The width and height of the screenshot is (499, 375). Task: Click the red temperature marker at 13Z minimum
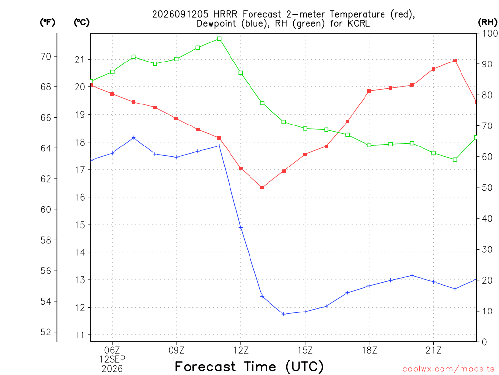point(262,187)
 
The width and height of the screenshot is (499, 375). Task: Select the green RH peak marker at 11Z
point(219,39)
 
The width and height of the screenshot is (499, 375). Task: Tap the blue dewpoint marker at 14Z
point(284,314)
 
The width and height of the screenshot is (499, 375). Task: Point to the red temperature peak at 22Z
point(455,61)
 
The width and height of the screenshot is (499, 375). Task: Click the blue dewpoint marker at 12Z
point(241,228)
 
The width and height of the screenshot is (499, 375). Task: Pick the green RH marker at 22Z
point(455,160)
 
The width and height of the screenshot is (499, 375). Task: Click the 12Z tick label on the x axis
point(241,350)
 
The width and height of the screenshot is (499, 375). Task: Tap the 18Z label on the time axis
point(369,350)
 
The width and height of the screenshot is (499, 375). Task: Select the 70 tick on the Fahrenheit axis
point(46,57)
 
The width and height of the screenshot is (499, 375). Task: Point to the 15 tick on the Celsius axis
point(80,225)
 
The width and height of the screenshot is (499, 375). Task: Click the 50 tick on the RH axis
point(487,187)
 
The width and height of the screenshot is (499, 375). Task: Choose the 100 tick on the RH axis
point(490,33)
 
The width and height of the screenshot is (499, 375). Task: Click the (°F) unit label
point(47,22)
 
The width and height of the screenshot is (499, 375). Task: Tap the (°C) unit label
point(81,22)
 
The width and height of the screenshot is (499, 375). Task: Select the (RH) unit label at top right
point(487,22)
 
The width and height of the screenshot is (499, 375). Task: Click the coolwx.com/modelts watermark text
point(448,369)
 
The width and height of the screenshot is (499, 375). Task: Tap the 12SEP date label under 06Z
point(112,359)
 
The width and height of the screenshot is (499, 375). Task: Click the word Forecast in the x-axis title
point(206,367)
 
